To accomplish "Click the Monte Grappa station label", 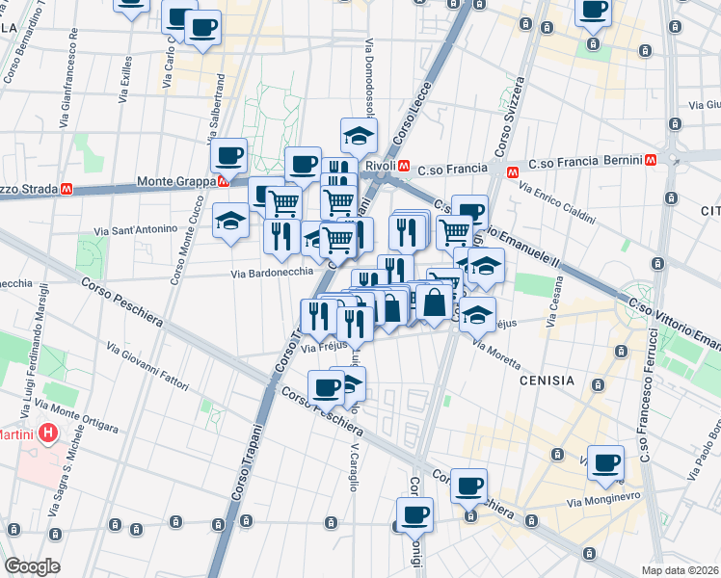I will point(176,181).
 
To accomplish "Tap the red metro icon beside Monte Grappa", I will point(224,181).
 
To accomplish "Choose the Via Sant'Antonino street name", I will point(135,230).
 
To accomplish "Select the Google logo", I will point(32,566).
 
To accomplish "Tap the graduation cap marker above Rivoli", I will point(359,136).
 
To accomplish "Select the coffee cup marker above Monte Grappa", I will point(229,154).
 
